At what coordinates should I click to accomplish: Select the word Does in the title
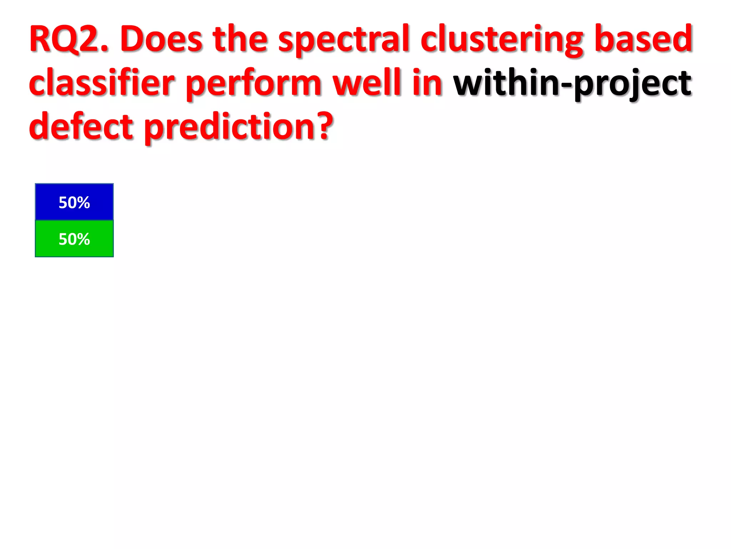[161, 39]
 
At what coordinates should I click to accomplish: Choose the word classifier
[102, 83]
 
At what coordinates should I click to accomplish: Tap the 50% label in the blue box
[74, 203]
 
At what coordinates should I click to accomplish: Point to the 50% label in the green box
[74, 239]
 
